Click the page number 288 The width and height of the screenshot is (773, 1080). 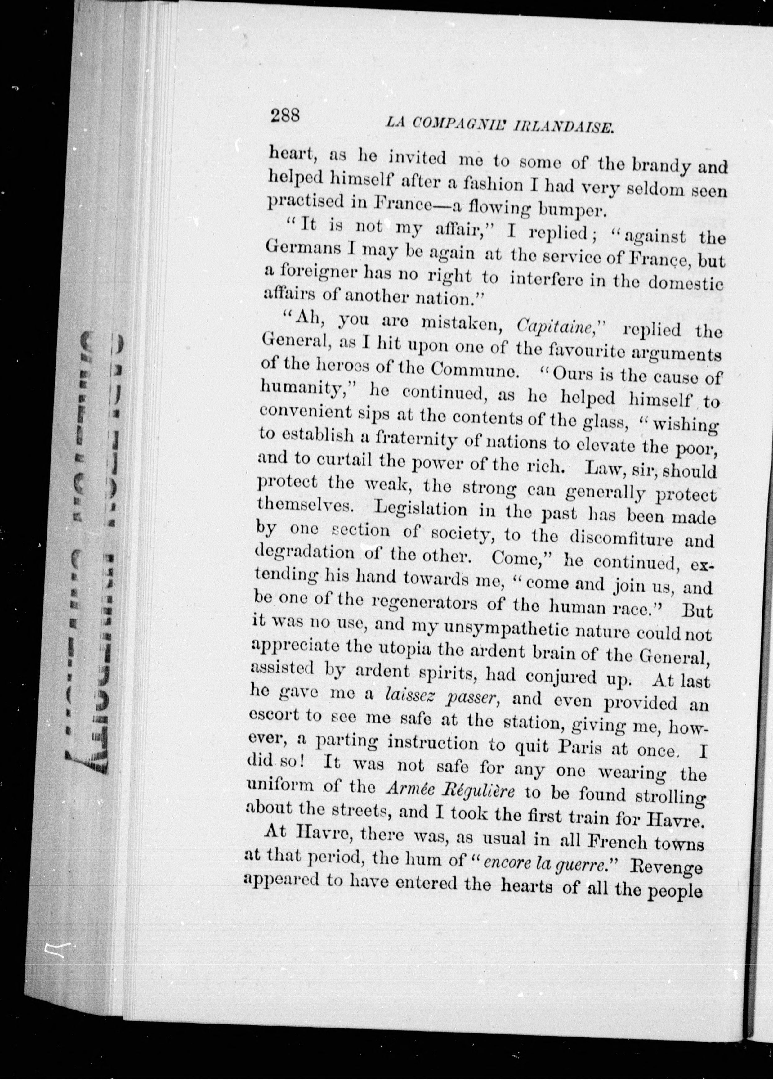point(285,116)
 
